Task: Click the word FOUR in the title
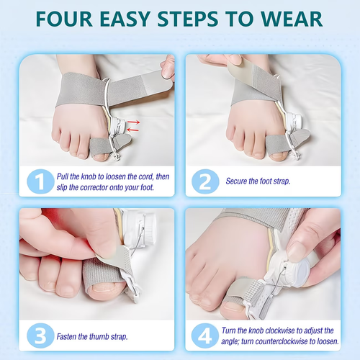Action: point(71,19)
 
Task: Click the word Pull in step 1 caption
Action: point(65,175)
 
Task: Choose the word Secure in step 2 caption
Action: point(238,181)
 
